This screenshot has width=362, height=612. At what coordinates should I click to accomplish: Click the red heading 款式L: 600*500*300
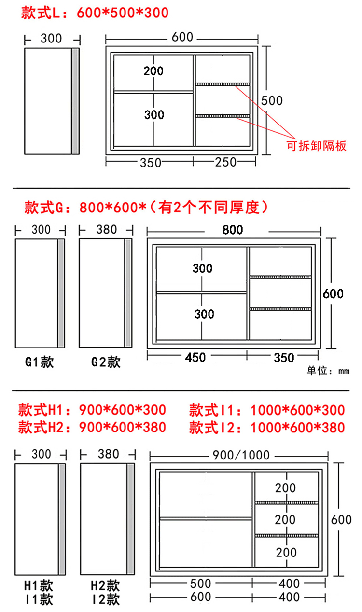point(95,13)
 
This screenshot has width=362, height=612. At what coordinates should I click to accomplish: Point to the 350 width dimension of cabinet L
point(151,163)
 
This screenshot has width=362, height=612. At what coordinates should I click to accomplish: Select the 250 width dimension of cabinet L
point(225,163)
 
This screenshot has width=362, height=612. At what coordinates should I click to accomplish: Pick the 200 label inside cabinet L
point(153,71)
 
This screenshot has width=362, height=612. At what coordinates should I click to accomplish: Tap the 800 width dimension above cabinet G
point(233,230)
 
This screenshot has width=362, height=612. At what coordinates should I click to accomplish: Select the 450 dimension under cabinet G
point(195,357)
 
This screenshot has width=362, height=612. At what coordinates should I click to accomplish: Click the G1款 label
point(40,362)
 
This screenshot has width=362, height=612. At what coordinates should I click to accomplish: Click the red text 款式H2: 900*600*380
point(92,427)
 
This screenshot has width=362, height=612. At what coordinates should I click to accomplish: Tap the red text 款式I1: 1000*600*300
point(267,411)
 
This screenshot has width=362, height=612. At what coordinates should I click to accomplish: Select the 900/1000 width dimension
point(240,455)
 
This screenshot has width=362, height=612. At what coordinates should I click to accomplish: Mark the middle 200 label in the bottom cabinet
point(285,519)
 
